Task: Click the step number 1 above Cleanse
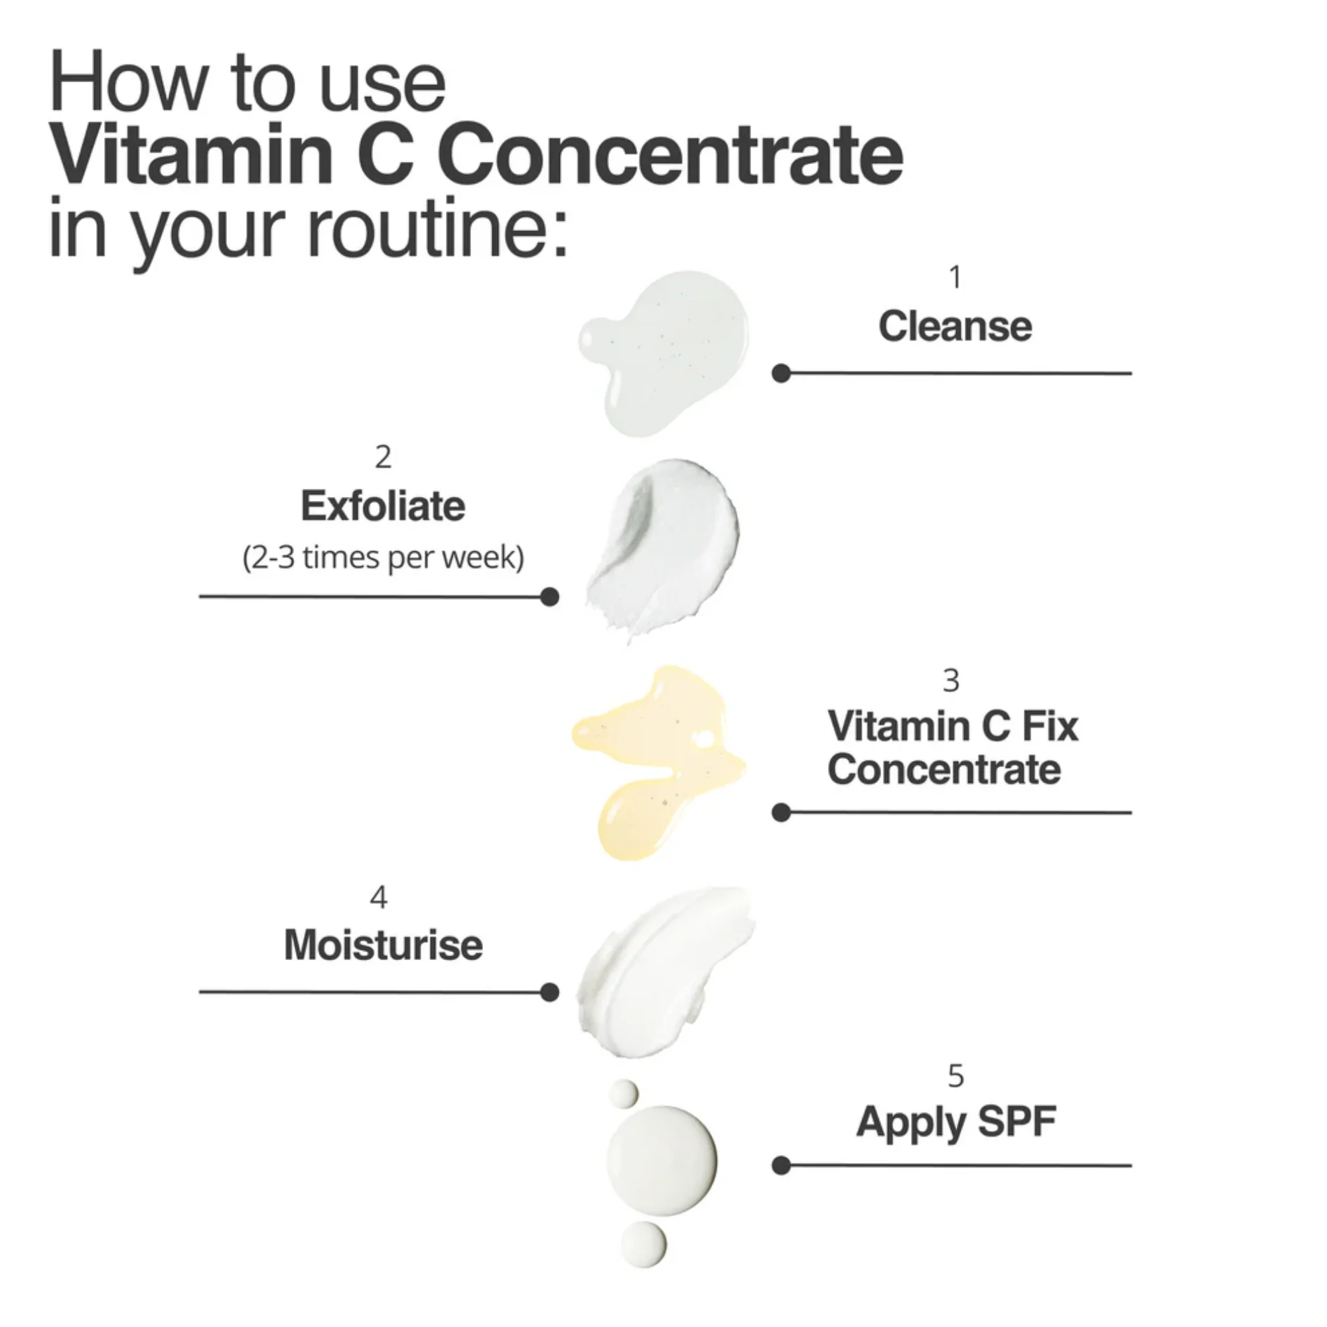[x=955, y=277]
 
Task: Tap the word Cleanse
[x=955, y=326]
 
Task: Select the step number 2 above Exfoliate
[x=384, y=456]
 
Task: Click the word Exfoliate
[x=383, y=506]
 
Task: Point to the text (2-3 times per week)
[x=384, y=557]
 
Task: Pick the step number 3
[x=951, y=681]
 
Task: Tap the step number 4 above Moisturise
[x=378, y=897]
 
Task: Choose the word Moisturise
[x=384, y=945]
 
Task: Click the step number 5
[x=956, y=1076]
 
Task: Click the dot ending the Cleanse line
[x=781, y=373]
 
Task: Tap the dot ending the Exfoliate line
[x=549, y=597]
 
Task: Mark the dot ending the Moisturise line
[x=549, y=992]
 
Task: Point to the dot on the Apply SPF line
[x=781, y=1166]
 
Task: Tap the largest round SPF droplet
[x=661, y=1160]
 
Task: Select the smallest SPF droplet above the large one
[x=624, y=1093]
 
